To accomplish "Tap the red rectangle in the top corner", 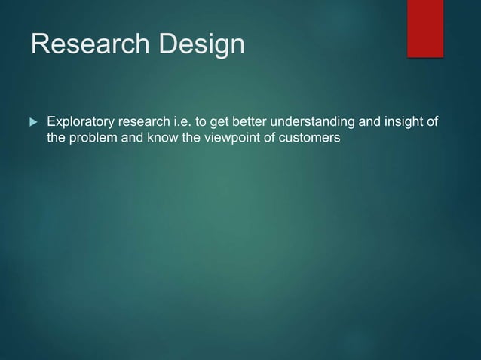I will pos(425,28).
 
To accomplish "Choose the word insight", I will pos(401,122).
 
